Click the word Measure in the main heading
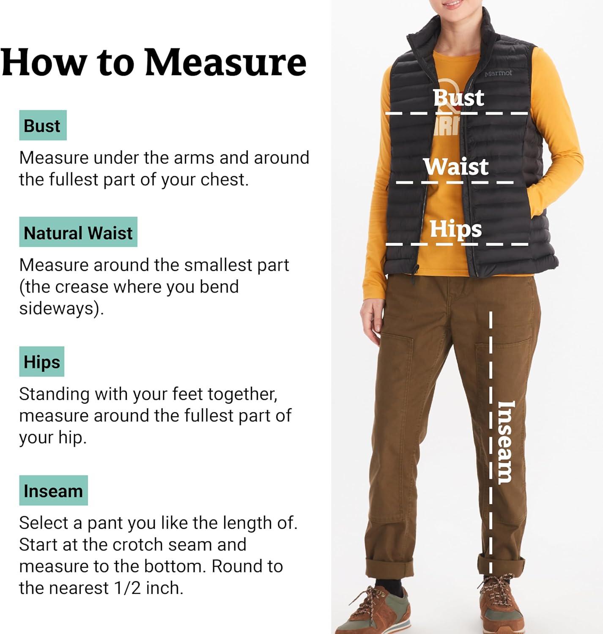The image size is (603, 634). (225, 62)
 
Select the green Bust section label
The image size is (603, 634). (43, 125)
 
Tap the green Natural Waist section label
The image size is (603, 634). (78, 232)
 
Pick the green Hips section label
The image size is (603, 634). (41, 361)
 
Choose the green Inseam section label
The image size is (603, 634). (54, 490)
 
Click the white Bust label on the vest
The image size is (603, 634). (458, 97)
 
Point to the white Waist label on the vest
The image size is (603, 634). (456, 167)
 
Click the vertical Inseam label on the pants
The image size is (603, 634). (505, 443)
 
